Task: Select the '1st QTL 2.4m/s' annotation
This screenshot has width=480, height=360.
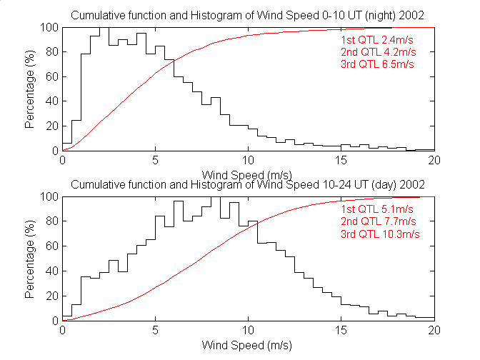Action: tap(377, 39)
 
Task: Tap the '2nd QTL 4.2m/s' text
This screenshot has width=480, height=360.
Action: tap(378, 51)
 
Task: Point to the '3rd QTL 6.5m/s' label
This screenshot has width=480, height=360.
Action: tap(378, 64)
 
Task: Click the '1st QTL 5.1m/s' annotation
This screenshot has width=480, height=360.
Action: tap(377, 209)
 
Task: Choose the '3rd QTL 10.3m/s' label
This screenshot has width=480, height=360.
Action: tap(380, 234)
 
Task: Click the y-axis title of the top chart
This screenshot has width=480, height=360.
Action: tap(29, 89)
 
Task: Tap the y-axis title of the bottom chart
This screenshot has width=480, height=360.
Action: tap(29, 259)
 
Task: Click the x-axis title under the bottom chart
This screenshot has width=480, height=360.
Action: tap(249, 345)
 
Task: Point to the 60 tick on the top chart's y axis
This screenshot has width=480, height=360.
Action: tap(52, 76)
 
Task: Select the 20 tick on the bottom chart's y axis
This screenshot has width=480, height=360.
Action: tap(52, 296)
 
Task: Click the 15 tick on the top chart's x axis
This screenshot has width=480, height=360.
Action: tap(341, 161)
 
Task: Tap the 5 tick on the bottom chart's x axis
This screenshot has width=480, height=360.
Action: tap(156, 331)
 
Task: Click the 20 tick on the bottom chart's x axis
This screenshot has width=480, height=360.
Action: tap(434, 331)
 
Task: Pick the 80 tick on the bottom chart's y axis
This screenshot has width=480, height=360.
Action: tap(52, 221)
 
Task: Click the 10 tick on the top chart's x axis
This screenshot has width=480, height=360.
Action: tap(249, 161)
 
